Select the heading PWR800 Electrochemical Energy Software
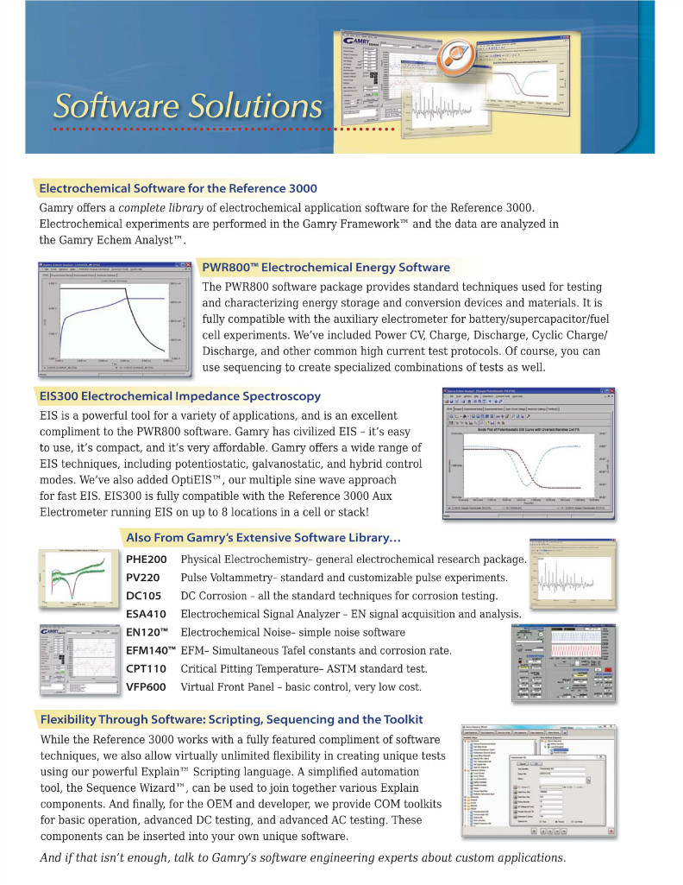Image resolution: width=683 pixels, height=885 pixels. coord(325,267)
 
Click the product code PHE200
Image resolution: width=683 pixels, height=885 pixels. coord(147,559)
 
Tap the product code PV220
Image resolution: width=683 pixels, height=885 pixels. coord(143,578)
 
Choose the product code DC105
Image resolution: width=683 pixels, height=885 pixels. coord(144,596)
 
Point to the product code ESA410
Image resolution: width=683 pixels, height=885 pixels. coord(147,614)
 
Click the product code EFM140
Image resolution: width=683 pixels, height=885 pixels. coord(150,650)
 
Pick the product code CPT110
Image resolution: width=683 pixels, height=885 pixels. coord(146,668)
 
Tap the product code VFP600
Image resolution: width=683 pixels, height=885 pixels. coord(146,686)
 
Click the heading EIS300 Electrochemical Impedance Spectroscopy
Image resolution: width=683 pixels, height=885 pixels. coord(179,396)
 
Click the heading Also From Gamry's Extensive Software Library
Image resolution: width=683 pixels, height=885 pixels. coord(262,537)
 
